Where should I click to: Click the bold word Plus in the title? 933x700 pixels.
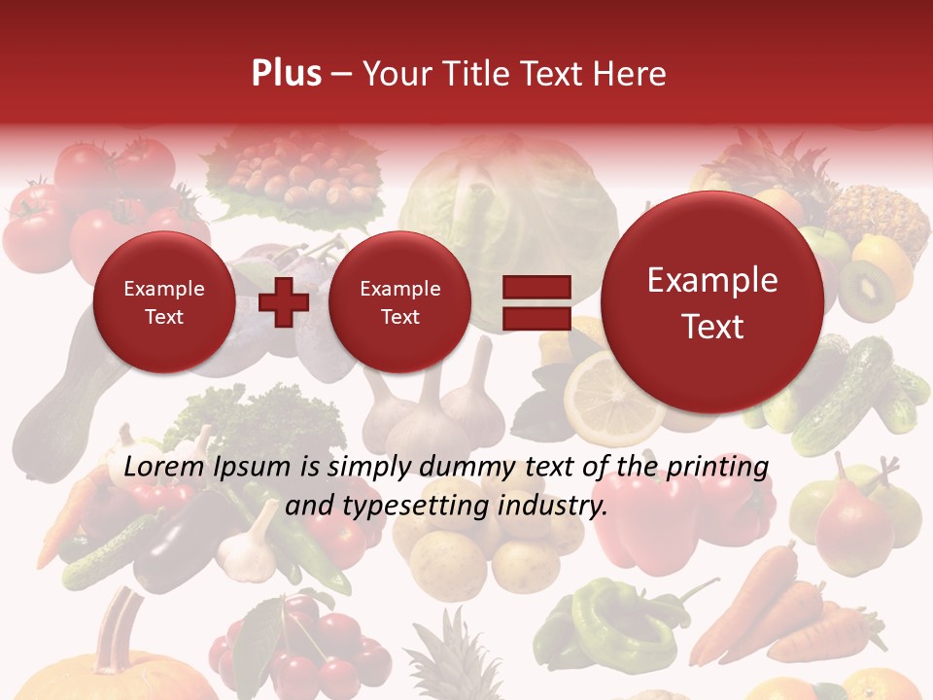tap(286, 74)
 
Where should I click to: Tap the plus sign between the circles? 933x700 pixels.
tap(284, 302)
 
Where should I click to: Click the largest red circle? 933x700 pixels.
tap(712, 303)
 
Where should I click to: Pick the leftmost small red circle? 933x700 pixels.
tap(163, 302)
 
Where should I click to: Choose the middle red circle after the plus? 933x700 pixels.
tap(399, 302)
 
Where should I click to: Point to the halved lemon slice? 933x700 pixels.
tap(601, 394)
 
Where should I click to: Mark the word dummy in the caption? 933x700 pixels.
tap(466, 467)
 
